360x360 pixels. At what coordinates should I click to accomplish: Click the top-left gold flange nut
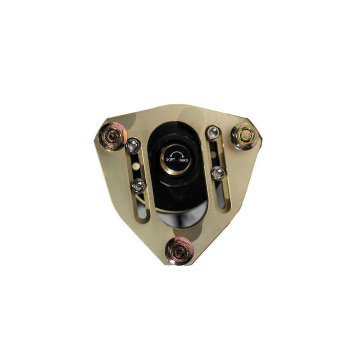113,136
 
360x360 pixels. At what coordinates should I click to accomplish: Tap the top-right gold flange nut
245,136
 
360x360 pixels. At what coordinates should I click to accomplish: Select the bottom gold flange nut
179,251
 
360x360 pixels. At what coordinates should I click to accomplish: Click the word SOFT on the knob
171,160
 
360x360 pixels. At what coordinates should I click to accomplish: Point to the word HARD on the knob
183,160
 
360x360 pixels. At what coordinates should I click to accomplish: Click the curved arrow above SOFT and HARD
177,152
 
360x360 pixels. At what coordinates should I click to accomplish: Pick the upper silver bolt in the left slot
133,146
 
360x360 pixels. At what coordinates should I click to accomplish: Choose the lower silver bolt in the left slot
139,186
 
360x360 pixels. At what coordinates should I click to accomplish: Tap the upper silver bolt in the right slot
213,133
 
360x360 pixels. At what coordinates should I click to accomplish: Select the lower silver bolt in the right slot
218,174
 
